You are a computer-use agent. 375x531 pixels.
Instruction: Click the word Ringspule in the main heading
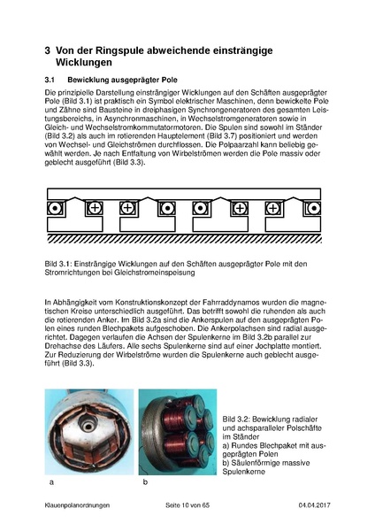[x=119, y=51]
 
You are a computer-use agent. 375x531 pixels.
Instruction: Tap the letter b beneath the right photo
[x=145, y=484]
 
